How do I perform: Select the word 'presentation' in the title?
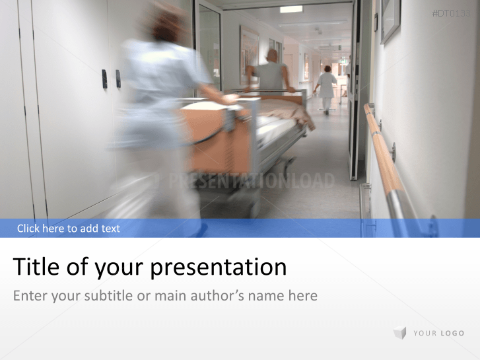219,268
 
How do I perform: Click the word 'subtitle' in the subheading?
108,296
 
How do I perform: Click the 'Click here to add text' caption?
69,229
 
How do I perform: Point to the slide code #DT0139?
452,13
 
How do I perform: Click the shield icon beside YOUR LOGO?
399,333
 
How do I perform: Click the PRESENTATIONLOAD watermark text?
251,181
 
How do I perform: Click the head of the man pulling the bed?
272,55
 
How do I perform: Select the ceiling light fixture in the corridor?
291,9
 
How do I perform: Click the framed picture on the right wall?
390,20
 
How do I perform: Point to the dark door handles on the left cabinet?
111,79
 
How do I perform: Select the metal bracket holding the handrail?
392,153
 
